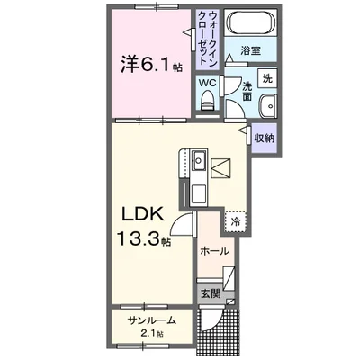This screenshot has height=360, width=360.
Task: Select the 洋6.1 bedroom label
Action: tap(141, 65)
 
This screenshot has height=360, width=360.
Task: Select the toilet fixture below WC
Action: tap(208, 103)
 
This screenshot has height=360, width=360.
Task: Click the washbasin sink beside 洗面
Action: tap(268, 108)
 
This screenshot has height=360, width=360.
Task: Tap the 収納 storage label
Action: tap(264, 138)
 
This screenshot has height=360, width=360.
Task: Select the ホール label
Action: tap(213, 252)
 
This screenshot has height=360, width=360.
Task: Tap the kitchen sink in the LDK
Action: tap(200, 164)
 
